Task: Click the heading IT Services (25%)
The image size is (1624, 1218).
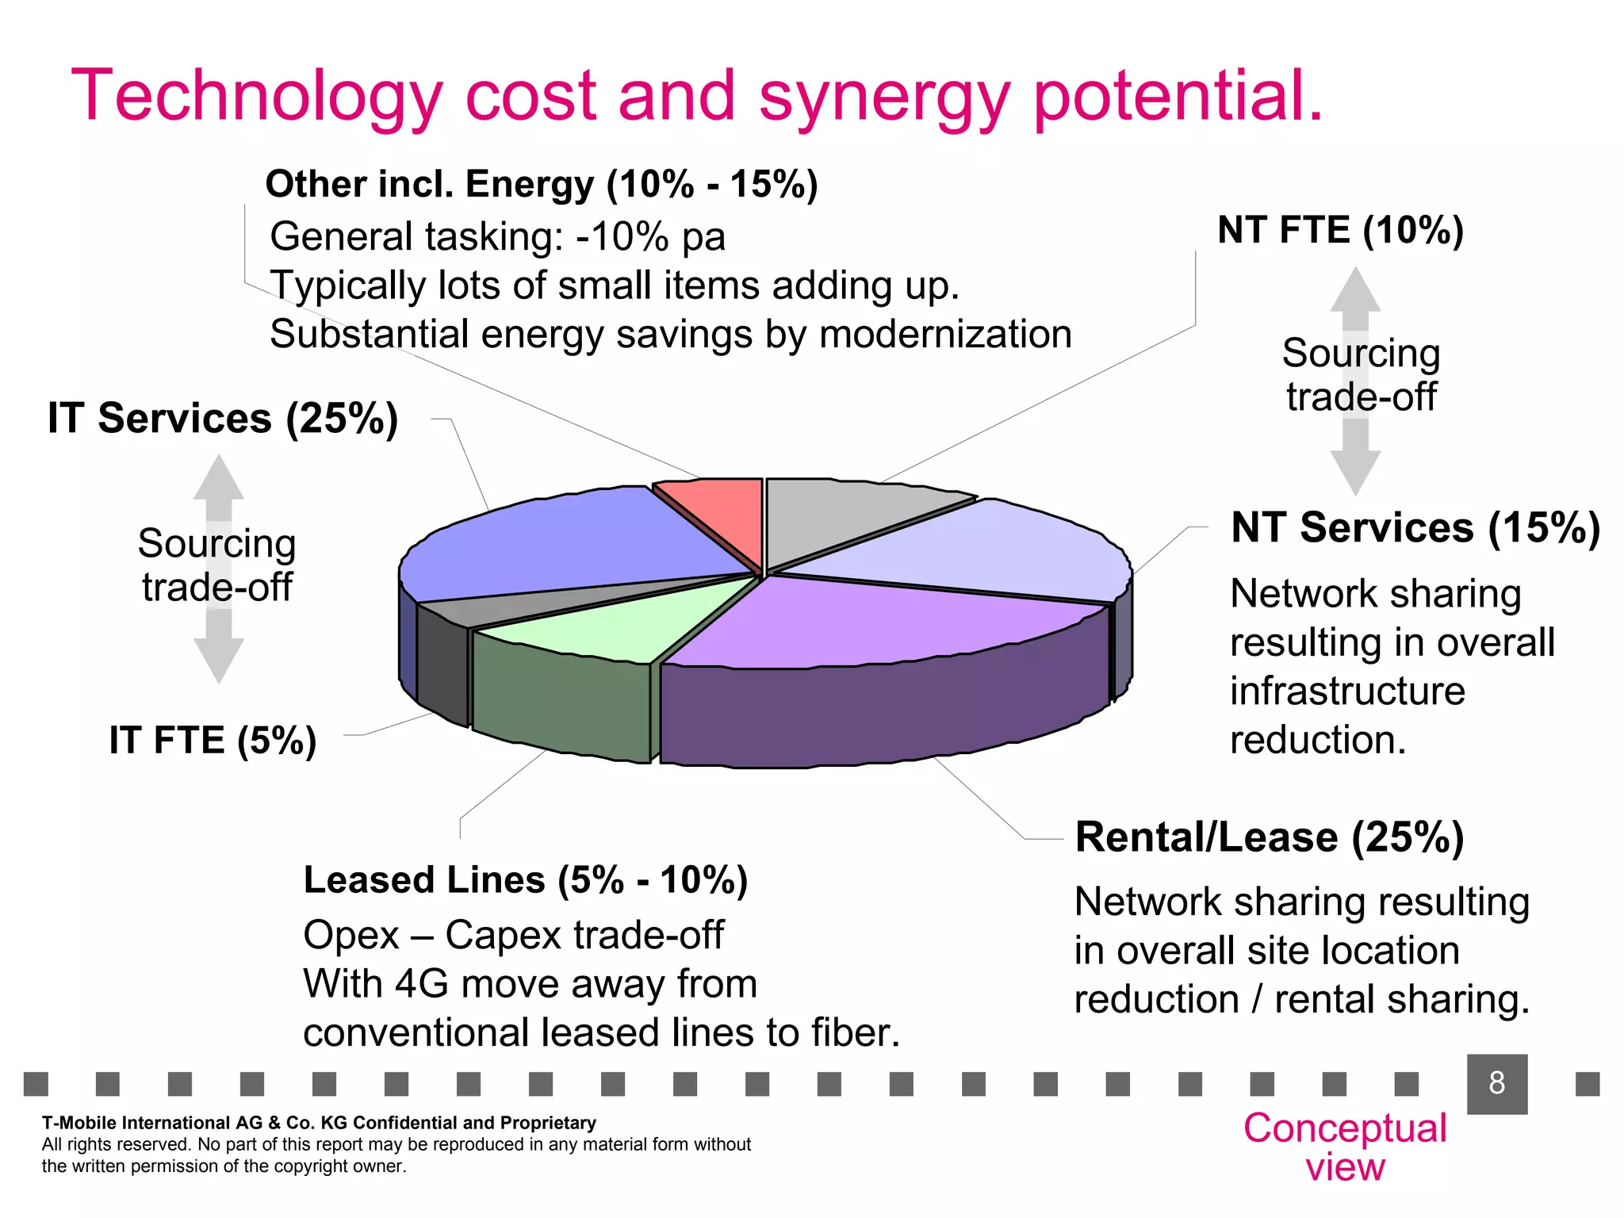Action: pyautogui.click(x=223, y=418)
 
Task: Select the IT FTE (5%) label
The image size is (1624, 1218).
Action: pyautogui.click(x=213, y=740)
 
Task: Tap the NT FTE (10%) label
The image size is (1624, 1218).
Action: pyautogui.click(x=1340, y=230)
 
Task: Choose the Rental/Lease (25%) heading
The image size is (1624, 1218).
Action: pyautogui.click(x=1269, y=837)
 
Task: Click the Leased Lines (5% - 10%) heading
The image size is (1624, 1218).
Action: pyautogui.click(x=525, y=880)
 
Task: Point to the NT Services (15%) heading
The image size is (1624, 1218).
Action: pyautogui.click(x=1415, y=527)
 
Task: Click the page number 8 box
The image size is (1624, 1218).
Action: pyautogui.click(x=1496, y=1083)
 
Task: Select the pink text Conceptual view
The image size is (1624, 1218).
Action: pyautogui.click(x=1345, y=1147)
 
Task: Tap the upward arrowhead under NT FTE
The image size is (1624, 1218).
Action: pyautogui.click(x=1355, y=289)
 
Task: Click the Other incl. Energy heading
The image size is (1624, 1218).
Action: pyautogui.click(x=541, y=184)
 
